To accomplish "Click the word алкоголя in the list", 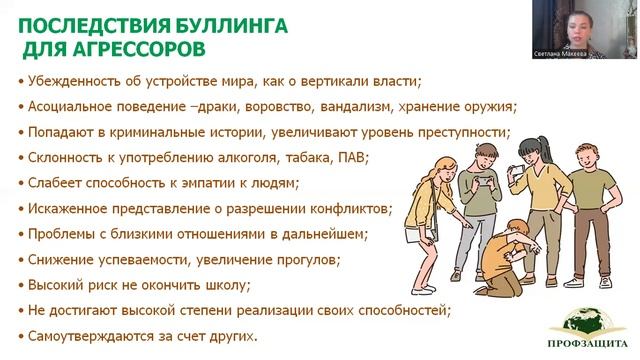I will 231,157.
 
